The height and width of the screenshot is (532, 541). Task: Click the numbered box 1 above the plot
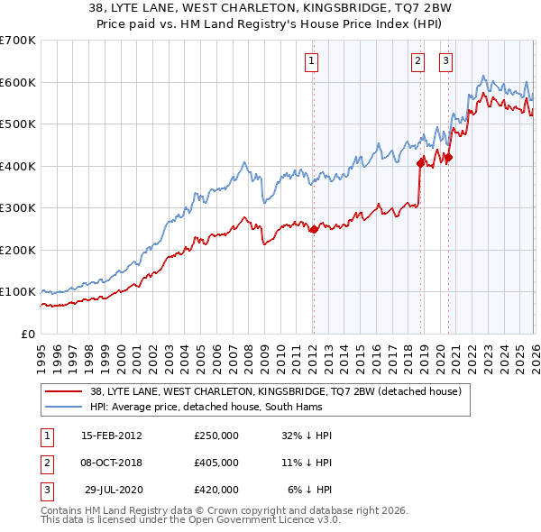[x=312, y=61]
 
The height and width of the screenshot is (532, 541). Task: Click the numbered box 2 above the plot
[x=418, y=61]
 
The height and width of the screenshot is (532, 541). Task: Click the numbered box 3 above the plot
[x=446, y=61]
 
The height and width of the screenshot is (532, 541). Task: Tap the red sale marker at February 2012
[x=313, y=229]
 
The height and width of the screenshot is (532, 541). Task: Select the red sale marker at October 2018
[x=419, y=163]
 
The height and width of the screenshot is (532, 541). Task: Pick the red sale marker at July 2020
[x=448, y=158]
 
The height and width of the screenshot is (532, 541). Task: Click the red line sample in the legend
[x=64, y=391]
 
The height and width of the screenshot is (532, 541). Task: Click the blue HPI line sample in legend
[x=64, y=407]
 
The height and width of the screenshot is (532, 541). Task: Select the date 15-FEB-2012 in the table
[x=112, y=436]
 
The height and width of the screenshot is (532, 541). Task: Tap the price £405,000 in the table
[x=216, y=463]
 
